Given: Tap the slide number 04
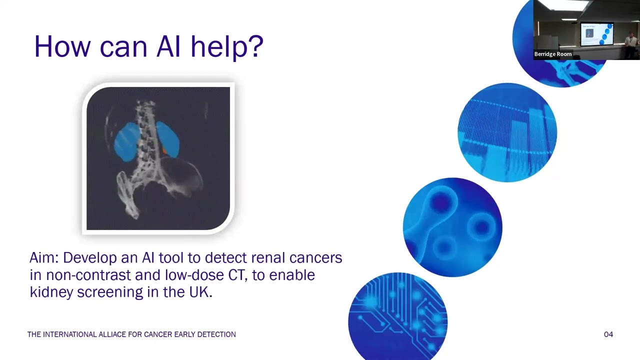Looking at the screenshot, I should click(x=608, y=334).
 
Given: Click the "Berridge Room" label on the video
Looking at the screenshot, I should click(x=552, y=54).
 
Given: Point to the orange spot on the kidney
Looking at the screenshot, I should click(x=164, y=150).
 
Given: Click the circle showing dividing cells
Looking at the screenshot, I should click(x=452, y=226).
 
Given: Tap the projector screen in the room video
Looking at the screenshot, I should click(x=596, y=33).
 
